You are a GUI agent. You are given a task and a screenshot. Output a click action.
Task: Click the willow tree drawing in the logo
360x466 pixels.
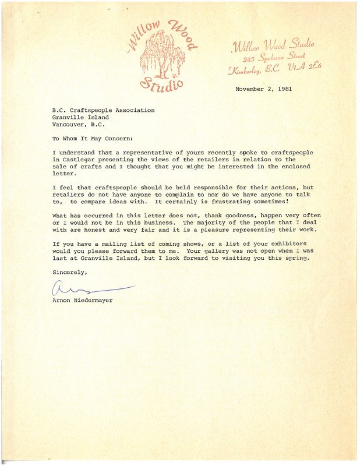[x=158, y=55]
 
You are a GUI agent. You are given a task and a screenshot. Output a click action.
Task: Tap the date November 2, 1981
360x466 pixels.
[x=263, y=89]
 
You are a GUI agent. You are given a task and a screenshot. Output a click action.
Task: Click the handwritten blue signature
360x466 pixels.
[x=87, y=288]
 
